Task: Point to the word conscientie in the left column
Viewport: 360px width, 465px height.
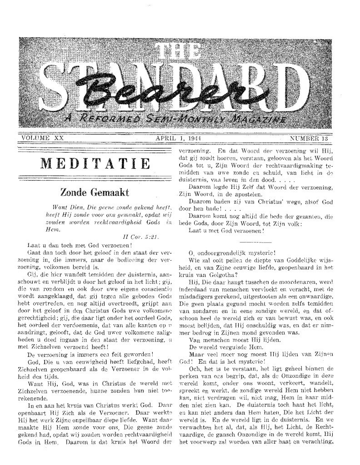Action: click(x=156, y=287)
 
